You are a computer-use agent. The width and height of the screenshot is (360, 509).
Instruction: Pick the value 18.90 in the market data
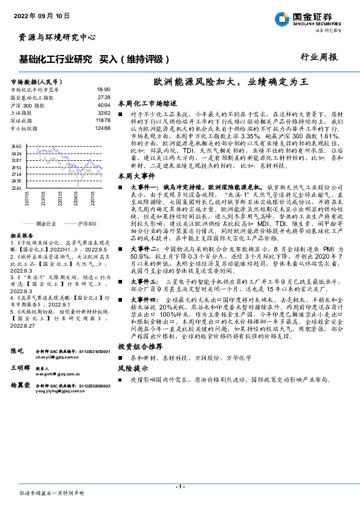(103, 88)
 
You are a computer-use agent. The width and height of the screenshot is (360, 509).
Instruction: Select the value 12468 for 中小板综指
(103, 128)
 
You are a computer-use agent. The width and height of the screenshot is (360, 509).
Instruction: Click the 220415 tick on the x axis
(77, 198)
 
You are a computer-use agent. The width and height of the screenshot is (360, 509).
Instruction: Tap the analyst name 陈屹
(18, 351)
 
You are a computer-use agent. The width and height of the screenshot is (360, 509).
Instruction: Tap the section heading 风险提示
(132, 368)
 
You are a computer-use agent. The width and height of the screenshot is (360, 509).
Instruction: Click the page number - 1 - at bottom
(179, 487)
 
